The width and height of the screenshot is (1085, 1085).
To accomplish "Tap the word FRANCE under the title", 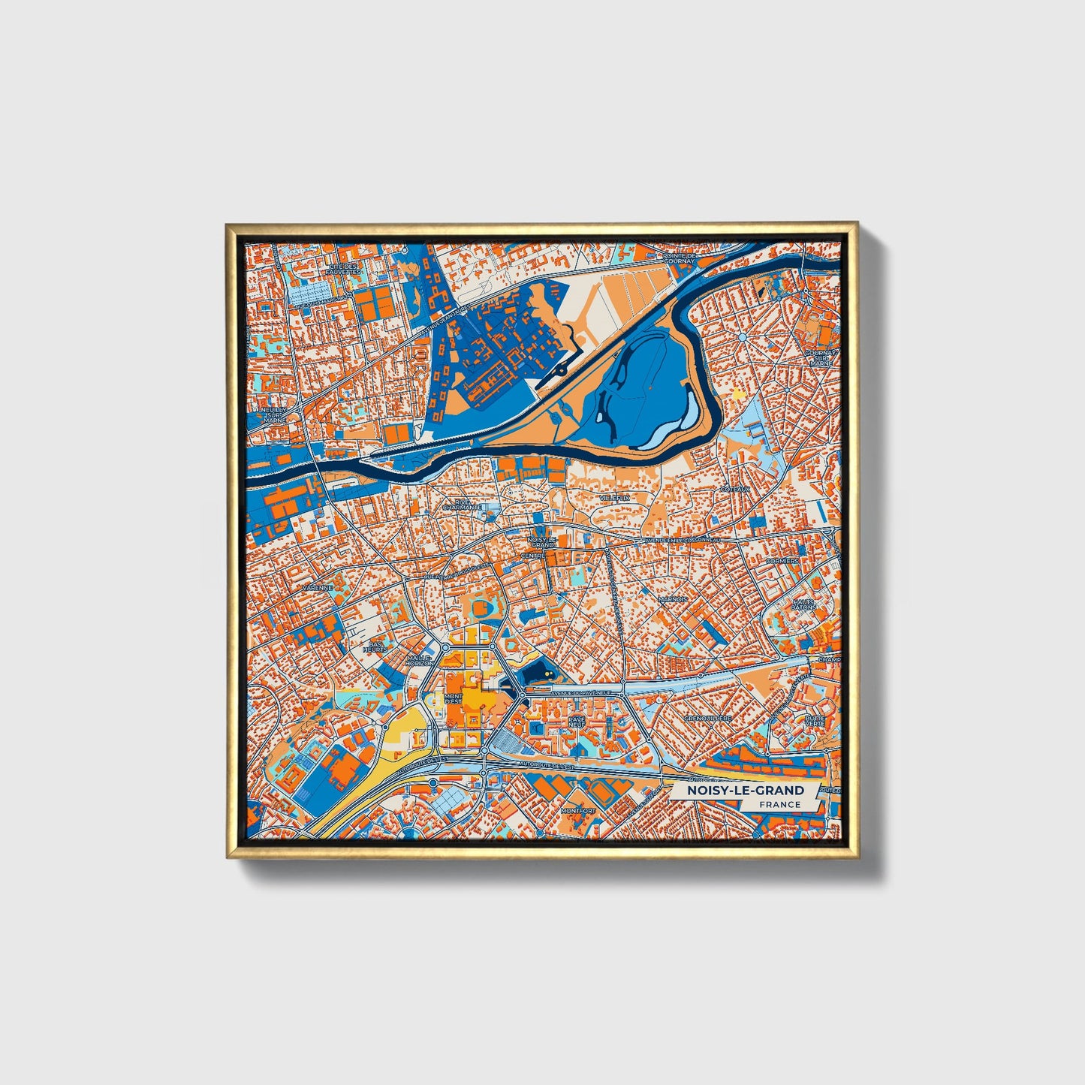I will point(779,804).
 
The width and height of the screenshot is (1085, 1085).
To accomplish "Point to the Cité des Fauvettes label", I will point(345,269).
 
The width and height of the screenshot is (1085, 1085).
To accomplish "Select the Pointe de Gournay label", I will point(680,259).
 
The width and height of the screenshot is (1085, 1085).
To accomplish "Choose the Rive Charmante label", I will point(462,505).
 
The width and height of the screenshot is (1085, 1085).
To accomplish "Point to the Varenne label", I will point(316,588).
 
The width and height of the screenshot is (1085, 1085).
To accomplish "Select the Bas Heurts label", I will point(375,646).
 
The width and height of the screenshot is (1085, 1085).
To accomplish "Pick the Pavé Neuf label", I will point(576,721).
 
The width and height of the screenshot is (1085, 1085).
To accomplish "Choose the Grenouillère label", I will point(708,718).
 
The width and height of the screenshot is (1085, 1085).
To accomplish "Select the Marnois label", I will point(673,599).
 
